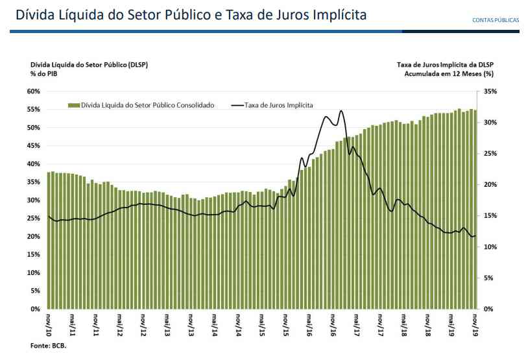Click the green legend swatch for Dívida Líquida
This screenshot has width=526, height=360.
tap(73, 104)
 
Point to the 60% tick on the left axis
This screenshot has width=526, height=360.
tap(34, 91)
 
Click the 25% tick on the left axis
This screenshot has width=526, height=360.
tap(34, 219)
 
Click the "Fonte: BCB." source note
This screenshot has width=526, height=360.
tap(49, 346)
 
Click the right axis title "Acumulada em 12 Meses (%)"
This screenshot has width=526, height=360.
tap(448, 75)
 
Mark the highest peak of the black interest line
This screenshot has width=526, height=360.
tap(341, 111)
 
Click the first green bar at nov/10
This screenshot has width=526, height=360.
tap(49, 240)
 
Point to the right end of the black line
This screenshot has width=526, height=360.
tap(475, 235)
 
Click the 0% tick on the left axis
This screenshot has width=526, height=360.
tap(36, 309)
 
